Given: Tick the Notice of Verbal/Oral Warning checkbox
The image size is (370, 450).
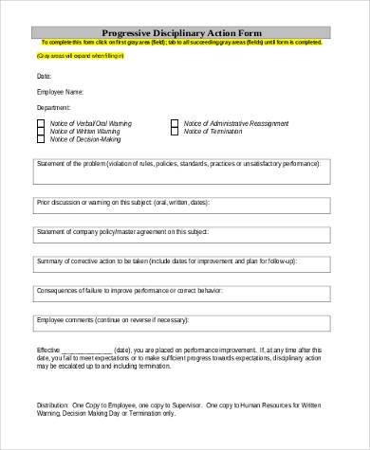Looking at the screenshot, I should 41,123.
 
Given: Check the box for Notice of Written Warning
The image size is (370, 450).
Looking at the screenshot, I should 41,131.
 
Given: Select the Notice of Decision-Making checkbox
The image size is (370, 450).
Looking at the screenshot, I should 41,139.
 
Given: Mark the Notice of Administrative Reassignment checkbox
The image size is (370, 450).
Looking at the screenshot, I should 174,123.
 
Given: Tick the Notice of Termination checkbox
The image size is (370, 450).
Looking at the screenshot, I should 174,131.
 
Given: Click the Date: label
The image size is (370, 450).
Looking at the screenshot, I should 44,75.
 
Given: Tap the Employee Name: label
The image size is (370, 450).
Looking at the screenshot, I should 60,92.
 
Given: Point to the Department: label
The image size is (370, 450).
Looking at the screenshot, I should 54,108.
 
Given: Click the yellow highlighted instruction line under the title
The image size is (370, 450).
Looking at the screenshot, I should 185,44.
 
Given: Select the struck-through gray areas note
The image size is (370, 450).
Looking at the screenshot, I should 68,57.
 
